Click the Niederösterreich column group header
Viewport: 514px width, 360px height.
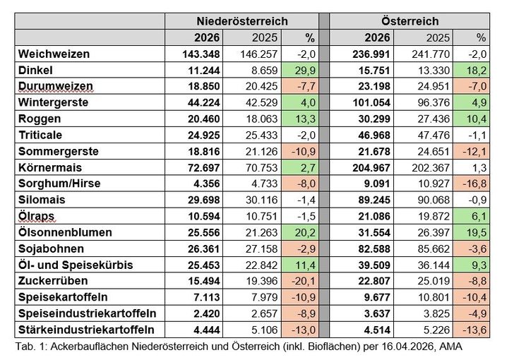tap(241, 21)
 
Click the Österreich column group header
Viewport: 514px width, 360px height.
tap(412, 21)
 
